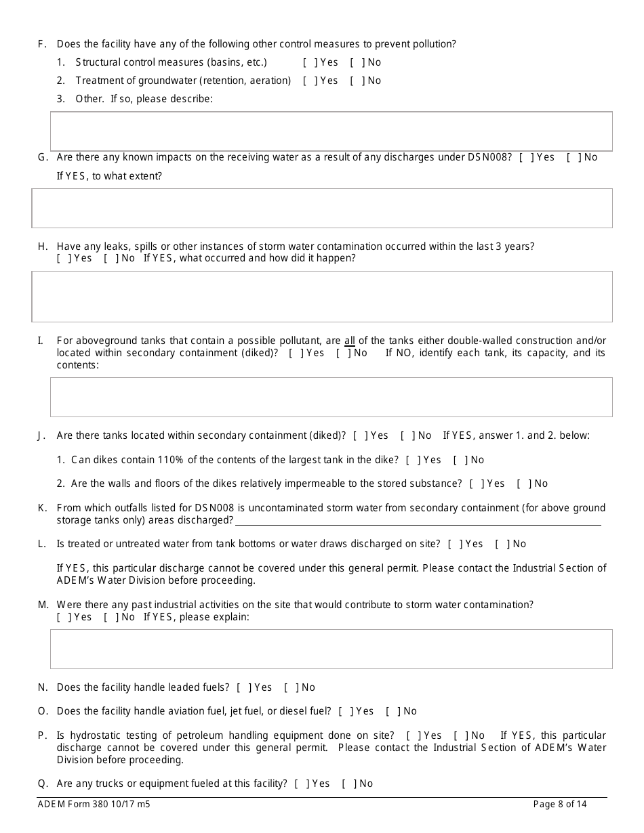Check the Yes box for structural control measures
tap(310, 62)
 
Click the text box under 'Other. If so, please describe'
tap(331, 131)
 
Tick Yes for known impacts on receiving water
tap(527, 157)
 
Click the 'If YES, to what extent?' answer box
tap(322, 208)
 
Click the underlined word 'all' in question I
tap(350, 341)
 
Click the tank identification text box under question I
tap(331, 397)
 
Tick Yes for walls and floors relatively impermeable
tap(477, 484)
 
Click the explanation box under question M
tap(331, 649)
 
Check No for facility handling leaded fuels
tap(291, 687)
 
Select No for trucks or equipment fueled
tap(349, 784)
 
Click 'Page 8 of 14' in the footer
tap(560, 805)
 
